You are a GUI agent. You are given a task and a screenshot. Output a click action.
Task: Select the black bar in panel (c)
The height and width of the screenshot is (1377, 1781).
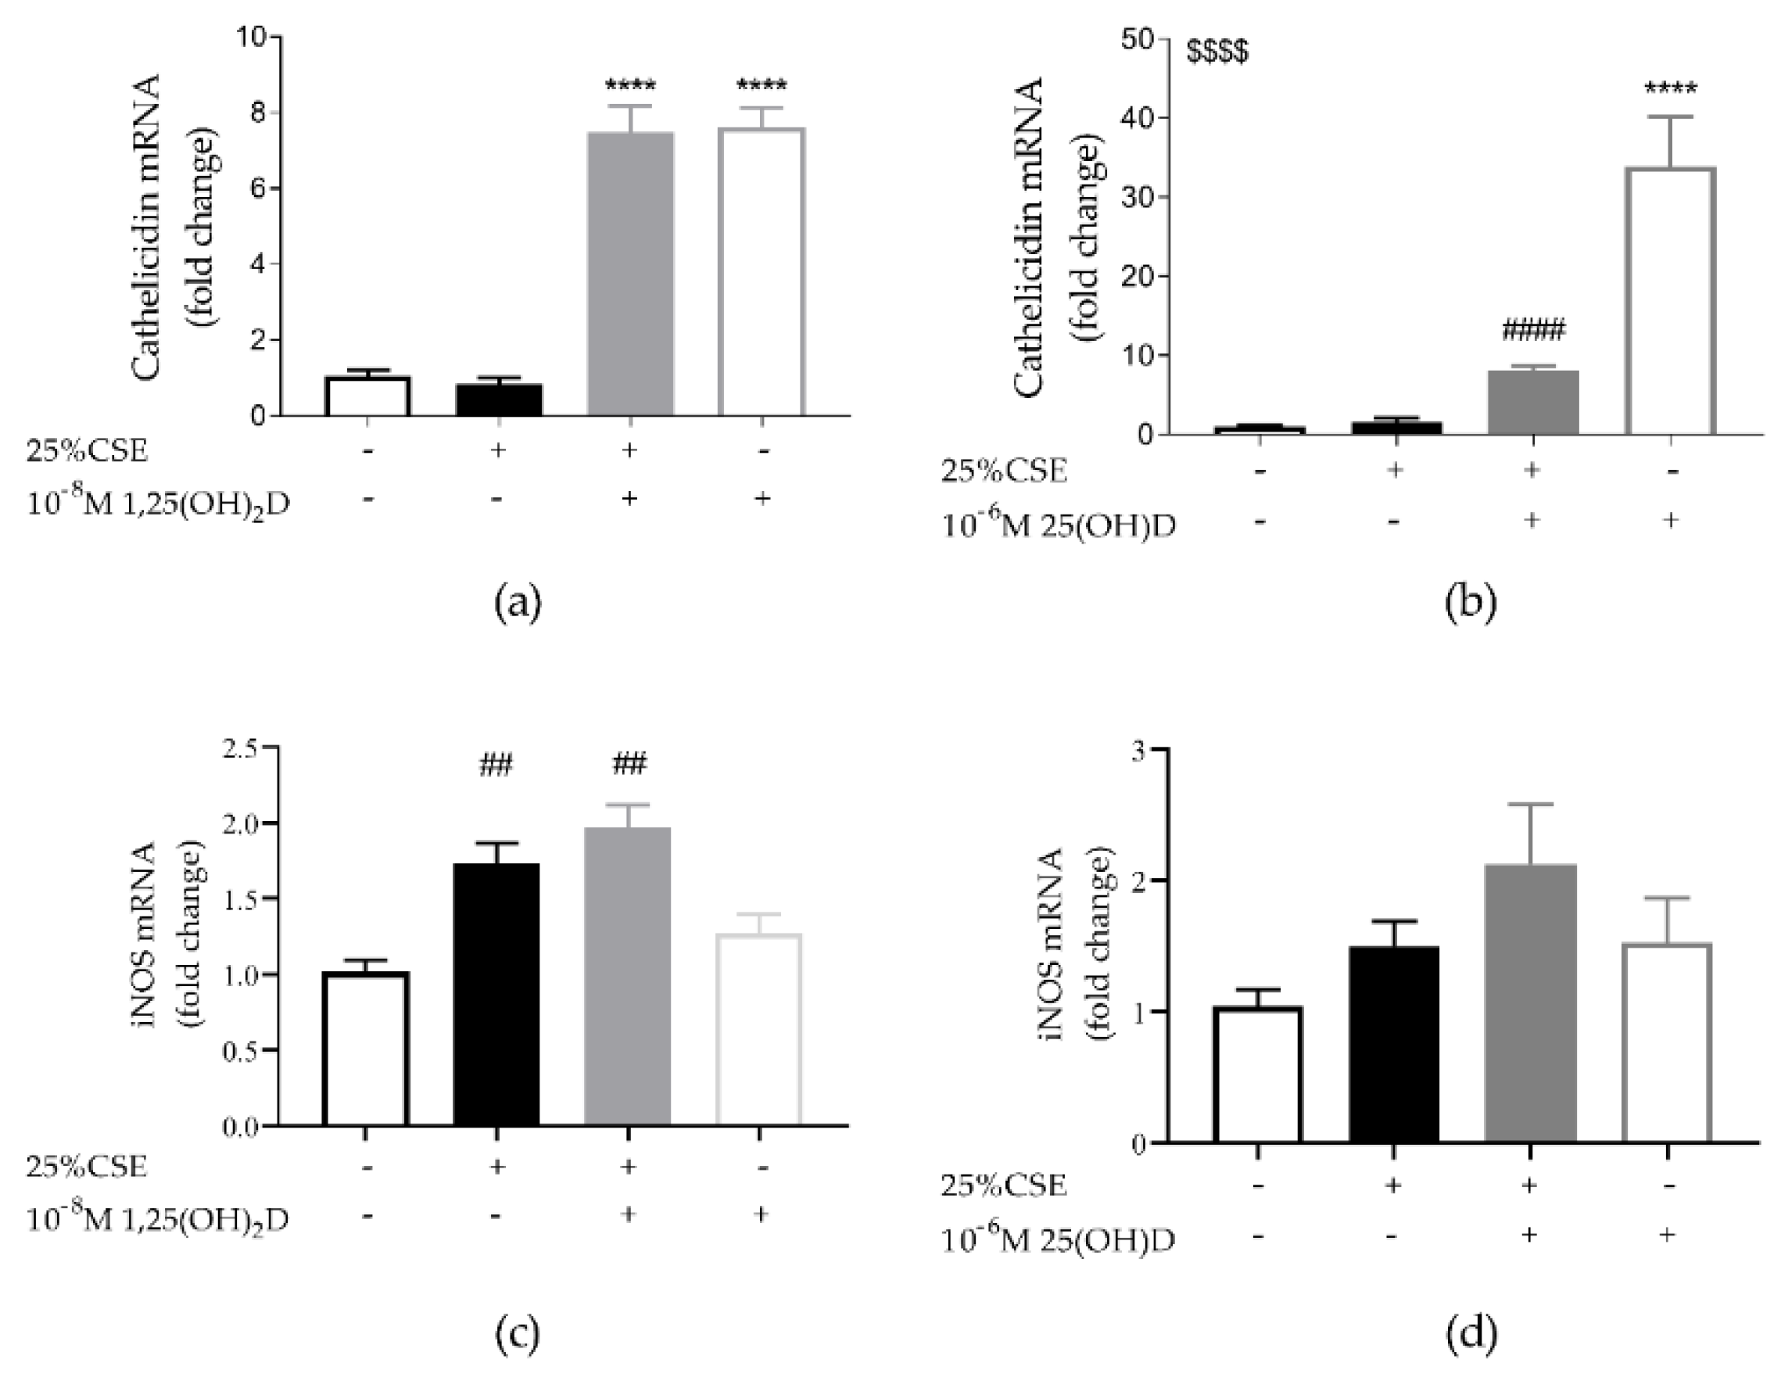[496, 995]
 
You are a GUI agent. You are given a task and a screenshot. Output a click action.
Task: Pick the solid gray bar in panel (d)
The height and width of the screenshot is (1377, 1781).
[1530, 1003]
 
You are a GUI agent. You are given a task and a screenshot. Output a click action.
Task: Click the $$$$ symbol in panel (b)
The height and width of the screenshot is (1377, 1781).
[1217, 53]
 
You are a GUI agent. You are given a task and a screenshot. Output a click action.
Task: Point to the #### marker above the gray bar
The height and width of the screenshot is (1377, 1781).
[1533, 331]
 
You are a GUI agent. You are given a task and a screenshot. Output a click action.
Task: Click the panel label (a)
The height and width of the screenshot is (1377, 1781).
[518, 604]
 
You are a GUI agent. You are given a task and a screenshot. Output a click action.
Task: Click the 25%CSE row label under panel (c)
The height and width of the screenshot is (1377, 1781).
[87, 1167]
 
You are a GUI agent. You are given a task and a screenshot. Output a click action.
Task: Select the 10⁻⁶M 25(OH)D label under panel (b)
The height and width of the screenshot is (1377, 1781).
[1059, 526]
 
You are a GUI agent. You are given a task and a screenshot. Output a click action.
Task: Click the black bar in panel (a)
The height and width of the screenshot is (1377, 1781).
[498, 400]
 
